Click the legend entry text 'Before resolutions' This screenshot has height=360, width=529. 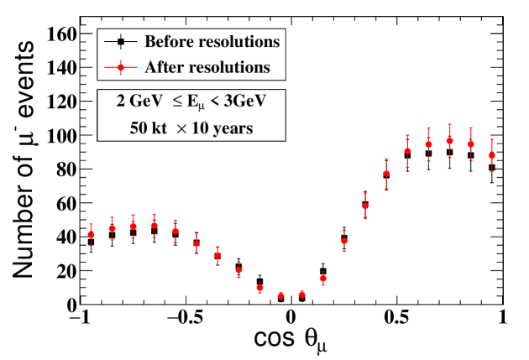[212, 40]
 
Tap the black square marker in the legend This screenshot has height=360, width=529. [122, 40]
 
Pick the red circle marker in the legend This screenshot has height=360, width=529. [122, 65]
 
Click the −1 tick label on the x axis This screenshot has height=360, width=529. [80, 320]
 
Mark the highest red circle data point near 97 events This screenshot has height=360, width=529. [450, 141]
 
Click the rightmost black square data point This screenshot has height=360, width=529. [492, 168]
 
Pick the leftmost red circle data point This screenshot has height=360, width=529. [91, 235]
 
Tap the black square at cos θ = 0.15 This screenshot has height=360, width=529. [323, 271]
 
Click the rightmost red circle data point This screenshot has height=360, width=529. [492, 155]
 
